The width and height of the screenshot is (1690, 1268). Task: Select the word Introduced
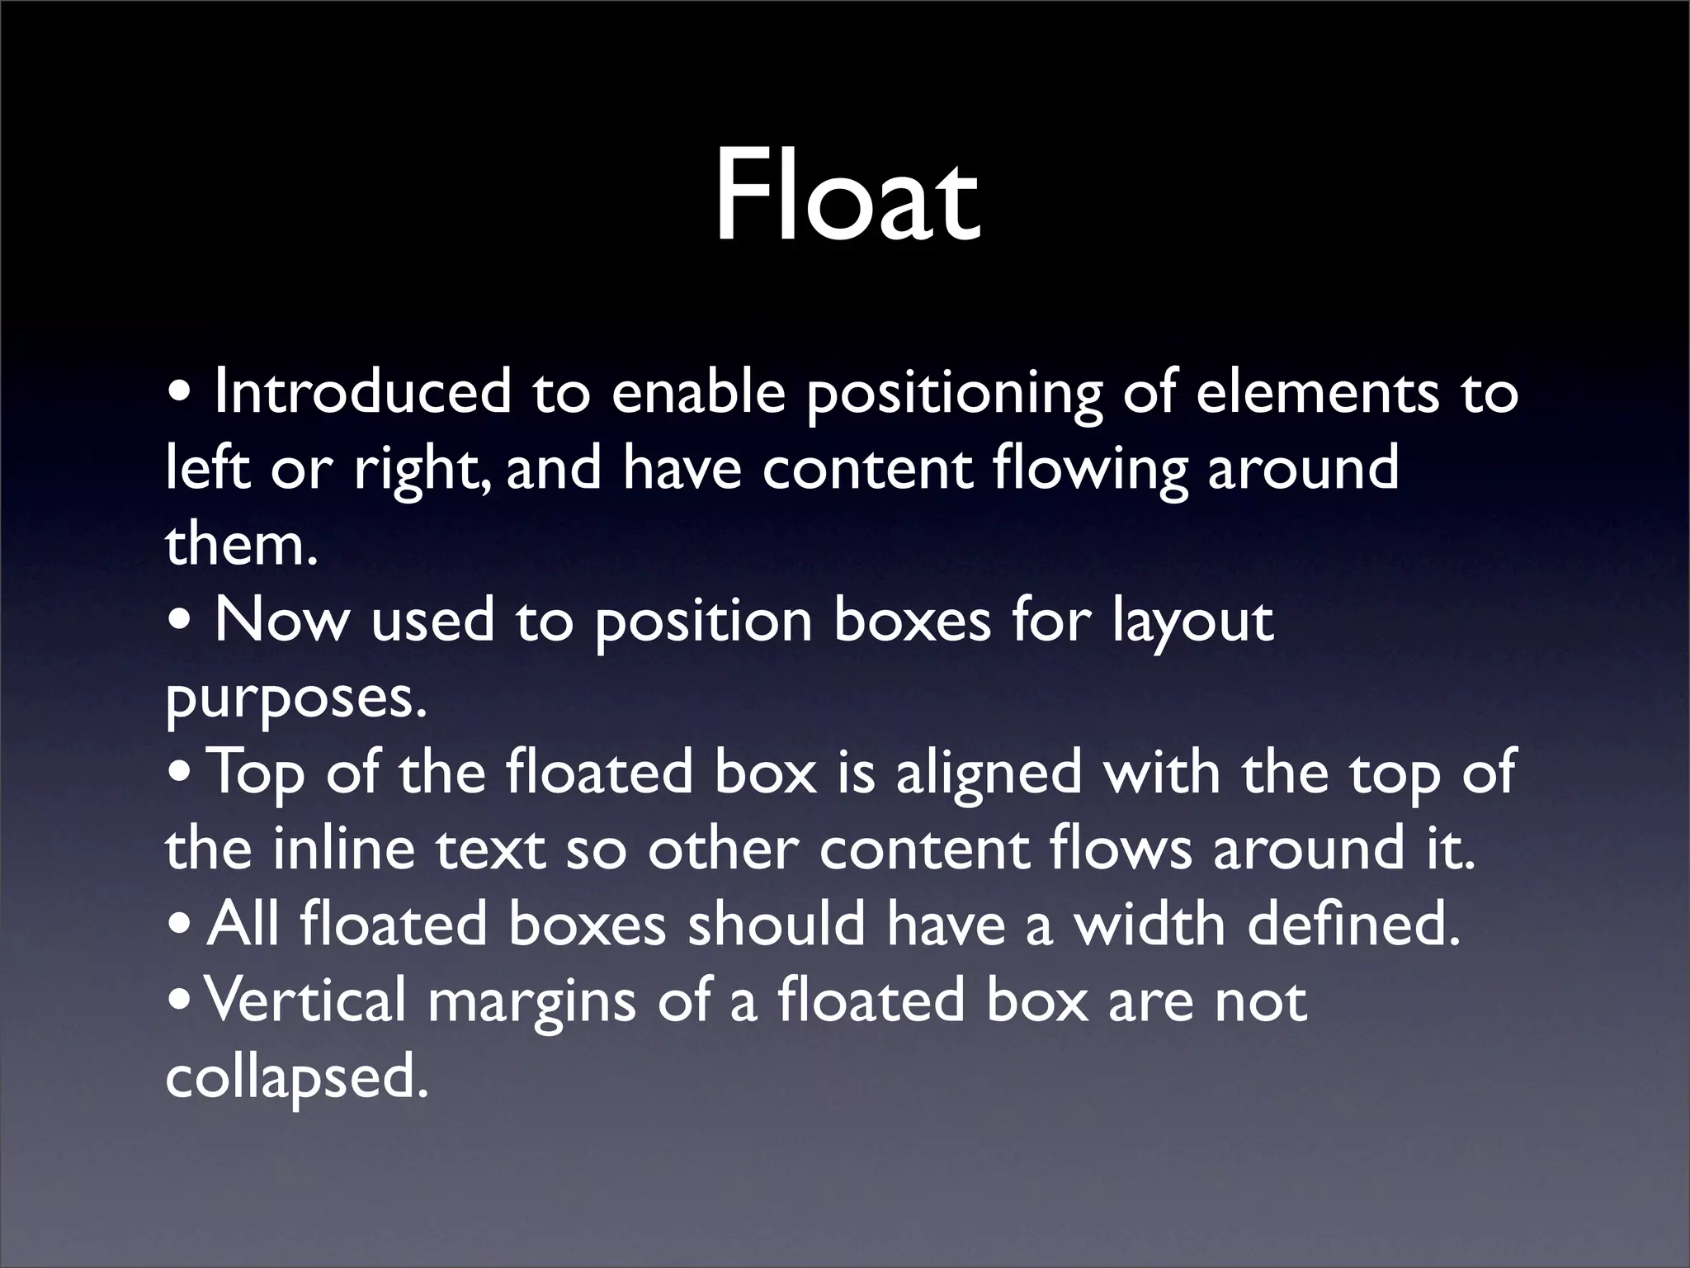point(362,393)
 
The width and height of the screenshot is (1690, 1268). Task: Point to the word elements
point(1316,393)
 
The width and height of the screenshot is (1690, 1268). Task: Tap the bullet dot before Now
point(180,625)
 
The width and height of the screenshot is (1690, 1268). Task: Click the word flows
point(1121,850)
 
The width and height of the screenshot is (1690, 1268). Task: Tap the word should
point(776,925)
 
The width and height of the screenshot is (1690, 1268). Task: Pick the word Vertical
point(305,1001)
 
